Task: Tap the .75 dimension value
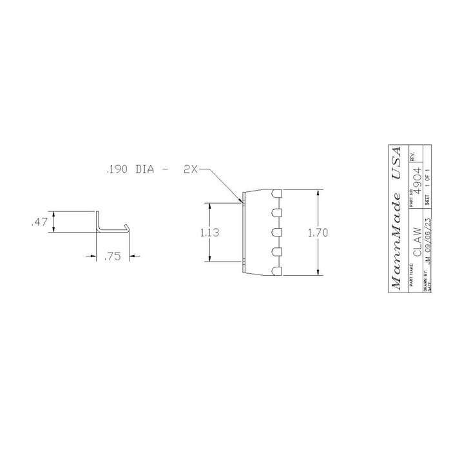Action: pyautogui.click(x=112, y=256)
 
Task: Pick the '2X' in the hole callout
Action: pyautogui.click(x=189, y=170)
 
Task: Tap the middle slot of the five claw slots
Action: pyautogui.click(x=276, y=233)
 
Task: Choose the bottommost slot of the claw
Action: pyautogui.click(x=276, y=271)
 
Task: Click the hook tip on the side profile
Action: pyautogui.click(x=129, y=225)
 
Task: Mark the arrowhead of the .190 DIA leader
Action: pyautogui.click(x=243, y=202)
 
